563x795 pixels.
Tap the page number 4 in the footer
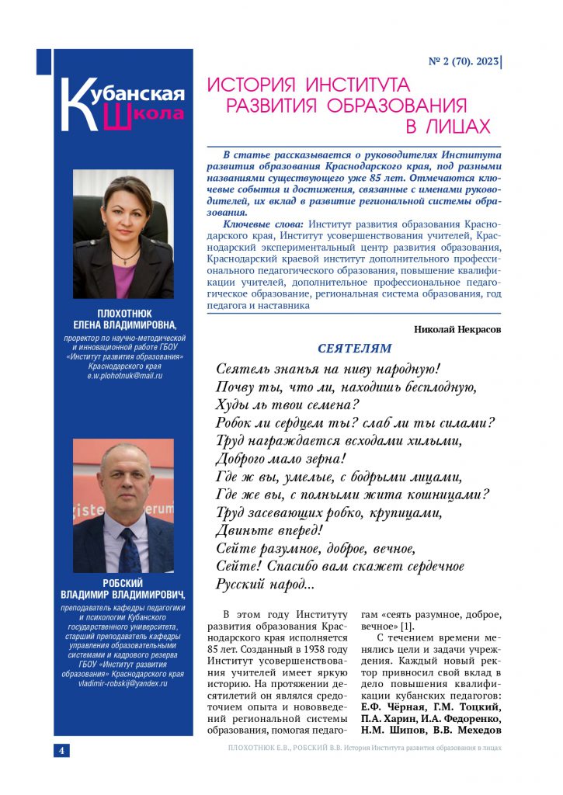(x=61, y=749)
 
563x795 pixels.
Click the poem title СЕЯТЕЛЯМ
(x=355, y=349)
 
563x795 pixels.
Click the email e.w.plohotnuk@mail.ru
(x=124, y=376)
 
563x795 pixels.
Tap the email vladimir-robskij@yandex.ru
(x=124, y=684)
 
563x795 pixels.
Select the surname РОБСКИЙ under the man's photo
(x=123, y=583)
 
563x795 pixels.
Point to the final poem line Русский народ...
(x=264, y=585)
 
